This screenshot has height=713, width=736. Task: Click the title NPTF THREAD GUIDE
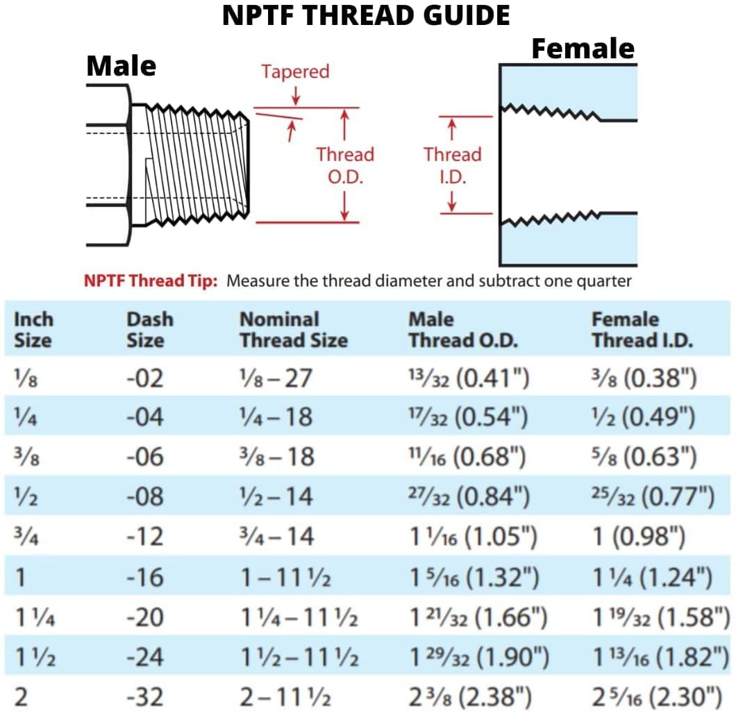click(x=366, y=15)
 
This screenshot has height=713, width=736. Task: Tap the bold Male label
click(x=121, y=67)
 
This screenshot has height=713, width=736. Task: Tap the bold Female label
click(x=583, y=49)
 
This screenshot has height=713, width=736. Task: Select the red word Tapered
click(x=295, y=72)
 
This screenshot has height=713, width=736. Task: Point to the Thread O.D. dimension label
click(x=345, y=165)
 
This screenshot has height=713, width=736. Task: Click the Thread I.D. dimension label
click(x=452, y=165)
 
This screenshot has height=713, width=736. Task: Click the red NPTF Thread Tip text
click(x=151, y=281)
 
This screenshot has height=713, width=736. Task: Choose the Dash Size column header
click(x=150, y=330)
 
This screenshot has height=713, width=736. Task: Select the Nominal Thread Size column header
click(x=293, y=330)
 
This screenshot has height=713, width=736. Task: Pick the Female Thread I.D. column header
click(x=642, y=330)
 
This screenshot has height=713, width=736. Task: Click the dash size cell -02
click(x=145, y=378)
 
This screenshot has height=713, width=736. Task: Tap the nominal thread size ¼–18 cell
click(x=276, y=417)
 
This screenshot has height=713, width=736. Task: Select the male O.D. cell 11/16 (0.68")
click(x=468, y=457)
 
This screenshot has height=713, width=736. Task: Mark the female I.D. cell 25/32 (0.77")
click(x=653, y=496)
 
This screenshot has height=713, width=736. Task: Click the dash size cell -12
click(x=145, y=537)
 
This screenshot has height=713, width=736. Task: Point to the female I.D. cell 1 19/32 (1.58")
click(x=660, y=616)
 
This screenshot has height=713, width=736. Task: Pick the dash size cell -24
click(x=145, y=656)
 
